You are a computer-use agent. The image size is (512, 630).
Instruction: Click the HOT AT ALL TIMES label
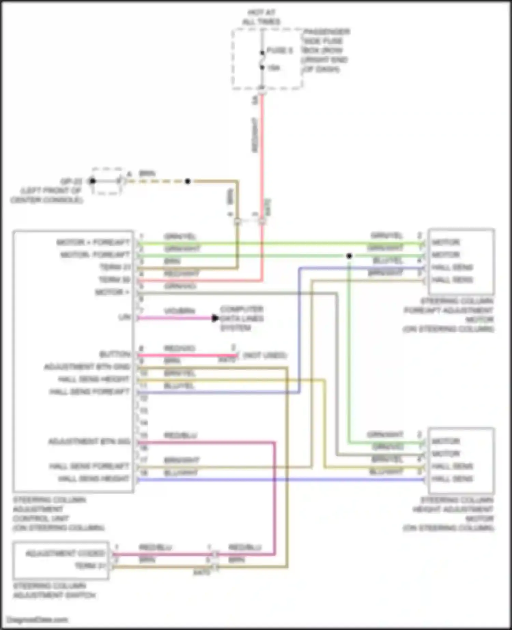[261, 17]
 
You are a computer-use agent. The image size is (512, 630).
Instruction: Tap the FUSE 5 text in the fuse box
[279, 51]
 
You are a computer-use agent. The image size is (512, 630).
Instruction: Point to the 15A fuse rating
[273, 68]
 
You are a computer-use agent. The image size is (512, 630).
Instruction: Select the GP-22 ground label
[71, 181]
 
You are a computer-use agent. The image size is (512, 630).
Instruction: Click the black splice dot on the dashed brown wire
[187, 181]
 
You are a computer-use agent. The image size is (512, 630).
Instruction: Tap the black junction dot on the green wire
[349, 256]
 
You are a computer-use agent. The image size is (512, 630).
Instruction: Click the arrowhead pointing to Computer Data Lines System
[215, 318]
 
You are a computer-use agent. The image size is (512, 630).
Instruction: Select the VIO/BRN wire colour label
[180, 311]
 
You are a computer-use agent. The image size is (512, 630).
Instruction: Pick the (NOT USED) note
[265, 356]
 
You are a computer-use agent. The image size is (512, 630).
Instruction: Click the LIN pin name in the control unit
[124, 317]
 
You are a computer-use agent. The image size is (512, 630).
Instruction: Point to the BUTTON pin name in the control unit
[115, 354]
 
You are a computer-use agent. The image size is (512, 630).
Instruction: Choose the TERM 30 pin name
[115, 280]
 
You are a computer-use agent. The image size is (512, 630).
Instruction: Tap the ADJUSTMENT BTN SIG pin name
[89, 441]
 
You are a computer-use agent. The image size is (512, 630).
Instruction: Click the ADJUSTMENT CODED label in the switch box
[65, 553]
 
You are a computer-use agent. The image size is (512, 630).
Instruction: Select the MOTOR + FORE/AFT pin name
[93, 242]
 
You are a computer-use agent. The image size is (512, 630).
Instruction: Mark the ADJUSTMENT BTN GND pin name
[87, 367]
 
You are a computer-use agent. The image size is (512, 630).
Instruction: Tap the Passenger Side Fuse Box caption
[325, 51]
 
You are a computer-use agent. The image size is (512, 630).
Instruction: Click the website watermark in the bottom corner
[37, 619]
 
